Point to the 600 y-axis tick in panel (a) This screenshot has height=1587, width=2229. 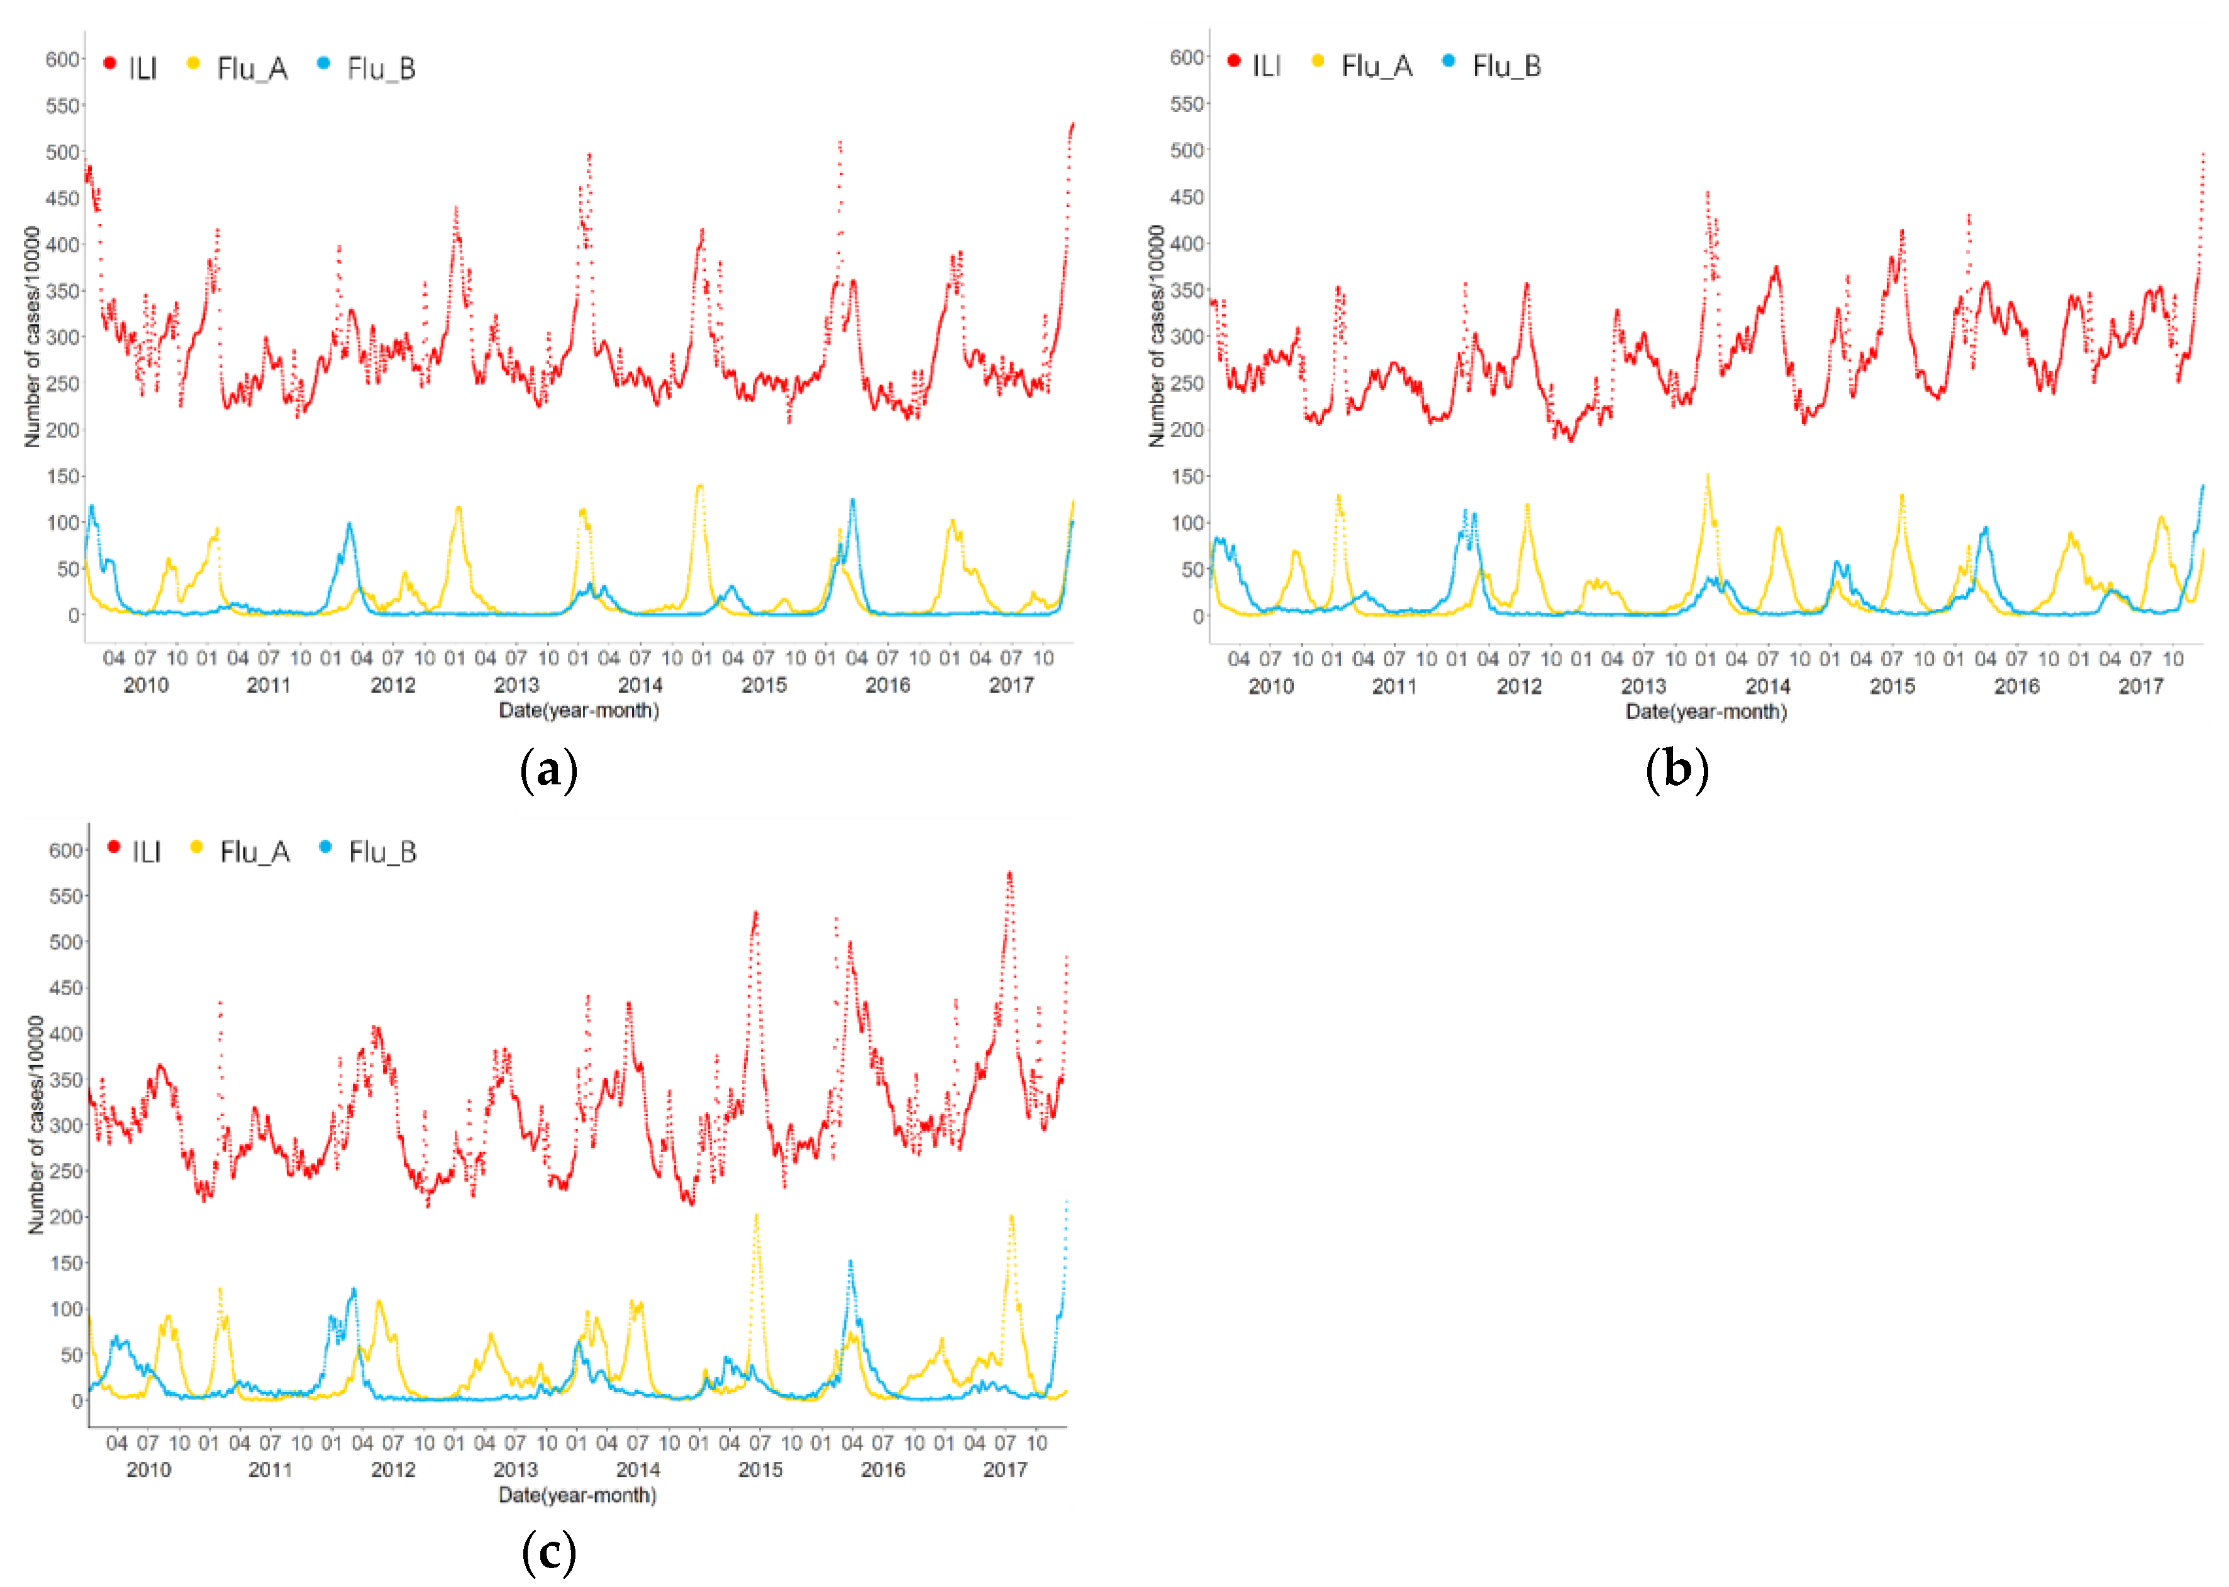[62, 60]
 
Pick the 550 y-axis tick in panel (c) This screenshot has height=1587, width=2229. [65, 896]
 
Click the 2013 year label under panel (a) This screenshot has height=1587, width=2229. [516, 685]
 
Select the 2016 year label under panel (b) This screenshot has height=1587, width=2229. [2016, 686]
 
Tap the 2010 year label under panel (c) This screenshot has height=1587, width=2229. [148, 1470]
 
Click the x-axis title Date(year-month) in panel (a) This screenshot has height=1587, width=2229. [579, 710]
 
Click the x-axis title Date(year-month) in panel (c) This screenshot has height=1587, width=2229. [577, 1495]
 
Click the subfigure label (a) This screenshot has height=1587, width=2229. [549, 770]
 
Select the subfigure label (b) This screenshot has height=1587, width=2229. [1676, 769]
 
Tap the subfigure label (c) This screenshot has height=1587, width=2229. [549, 1553]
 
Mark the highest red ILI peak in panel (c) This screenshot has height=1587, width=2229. [1009, 874]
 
